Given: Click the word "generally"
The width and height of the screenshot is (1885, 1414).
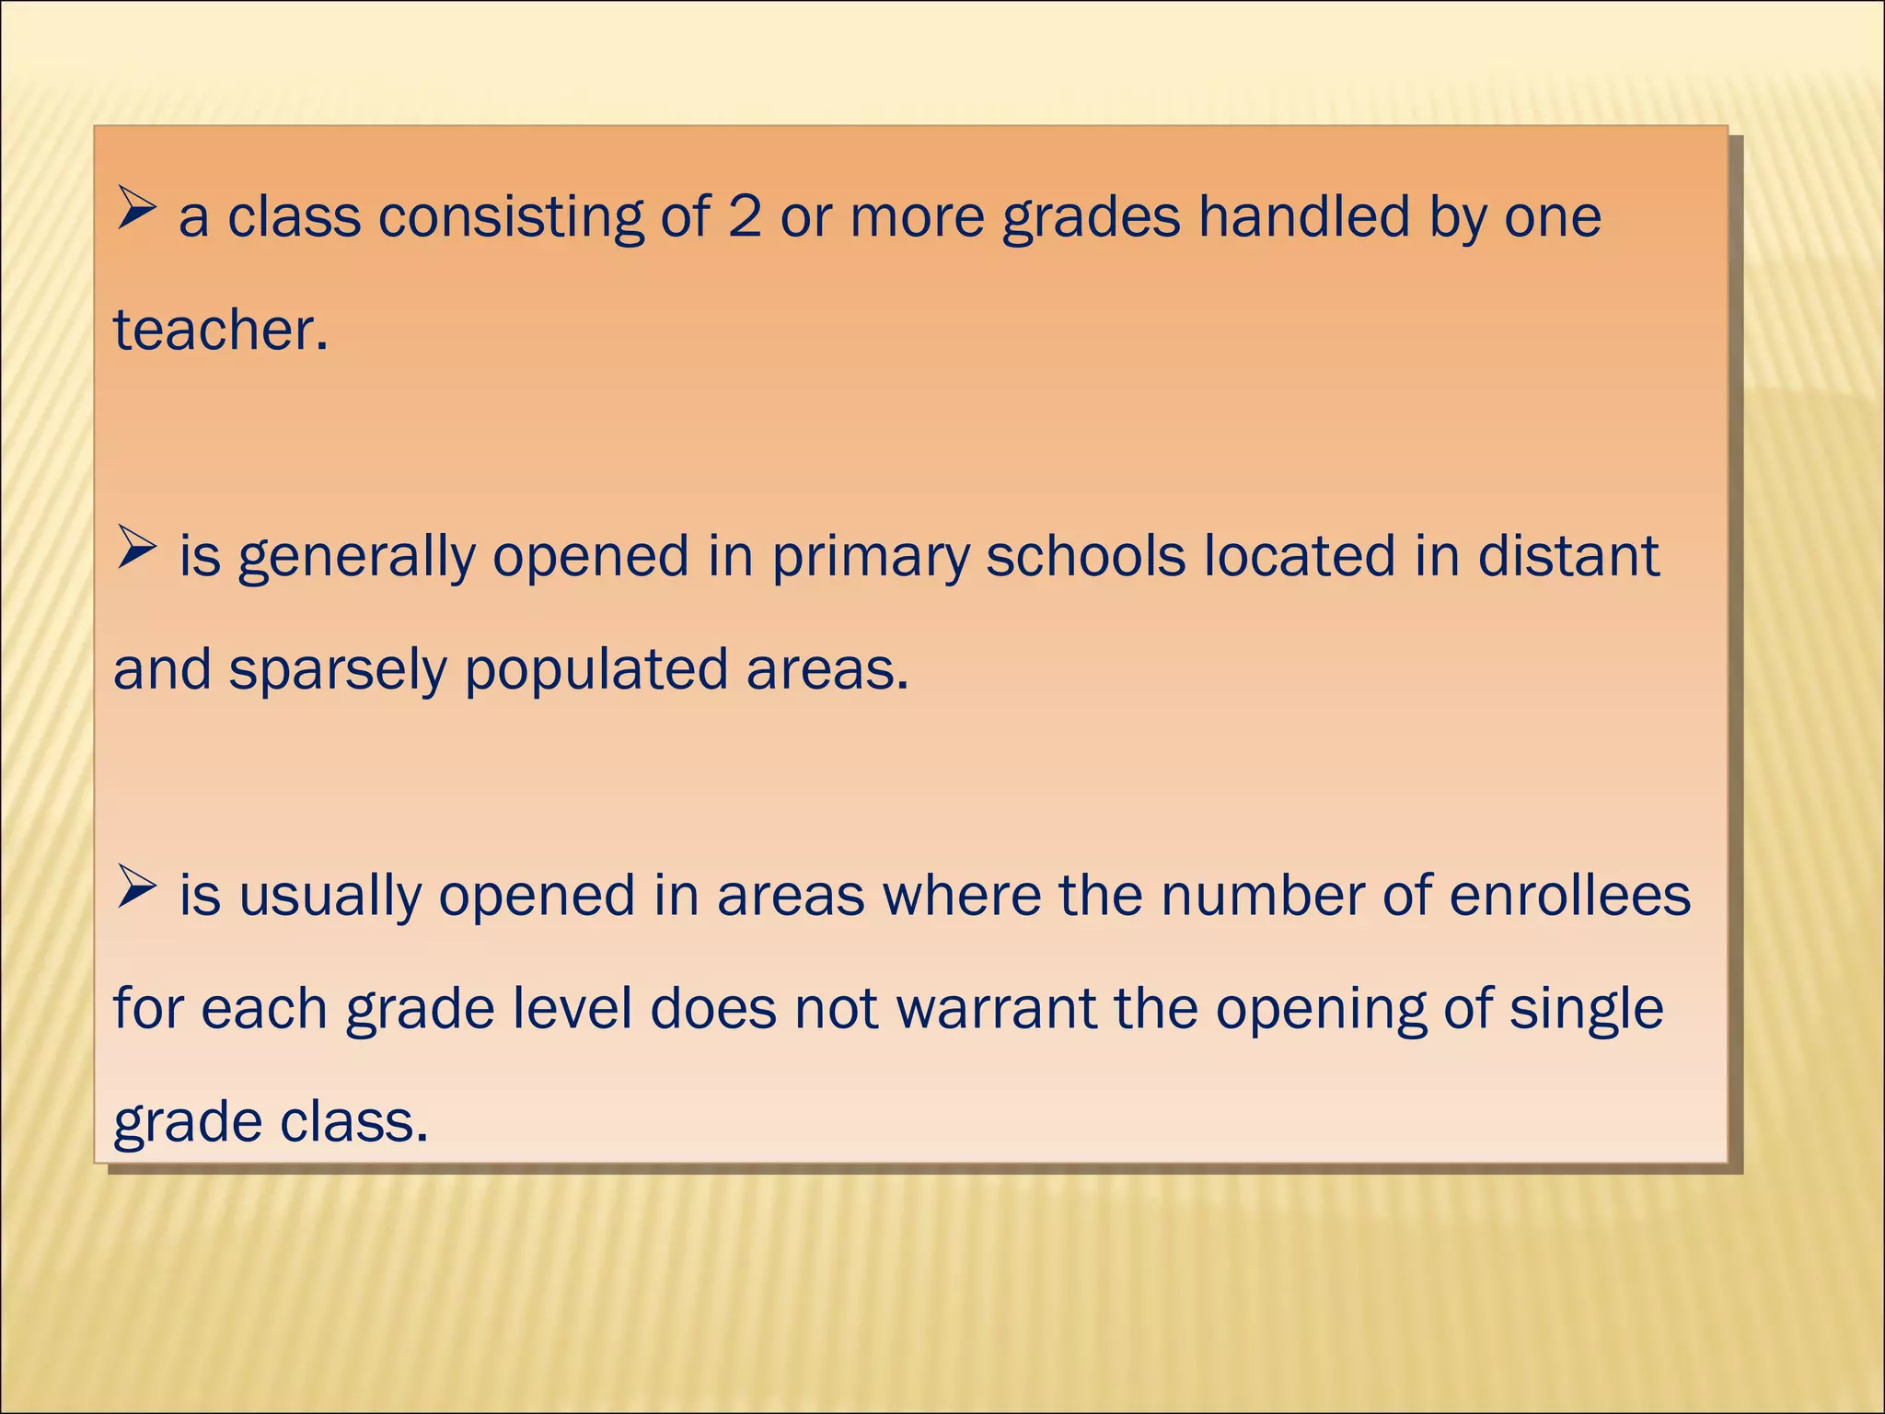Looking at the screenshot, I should click(x=356, y=558).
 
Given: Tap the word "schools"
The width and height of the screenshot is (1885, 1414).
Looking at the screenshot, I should click(x=1085, y=556).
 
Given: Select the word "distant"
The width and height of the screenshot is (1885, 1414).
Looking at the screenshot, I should click(x=1568, y=556).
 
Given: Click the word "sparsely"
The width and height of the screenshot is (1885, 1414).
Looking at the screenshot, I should click(x=337, y=670).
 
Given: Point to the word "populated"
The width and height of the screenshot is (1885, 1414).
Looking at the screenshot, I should click(x=596, y=670).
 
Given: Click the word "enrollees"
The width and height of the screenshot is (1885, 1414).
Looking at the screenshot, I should click(x=1569, y=895).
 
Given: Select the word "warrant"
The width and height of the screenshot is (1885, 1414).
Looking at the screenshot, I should click(x=996, y=1009).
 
